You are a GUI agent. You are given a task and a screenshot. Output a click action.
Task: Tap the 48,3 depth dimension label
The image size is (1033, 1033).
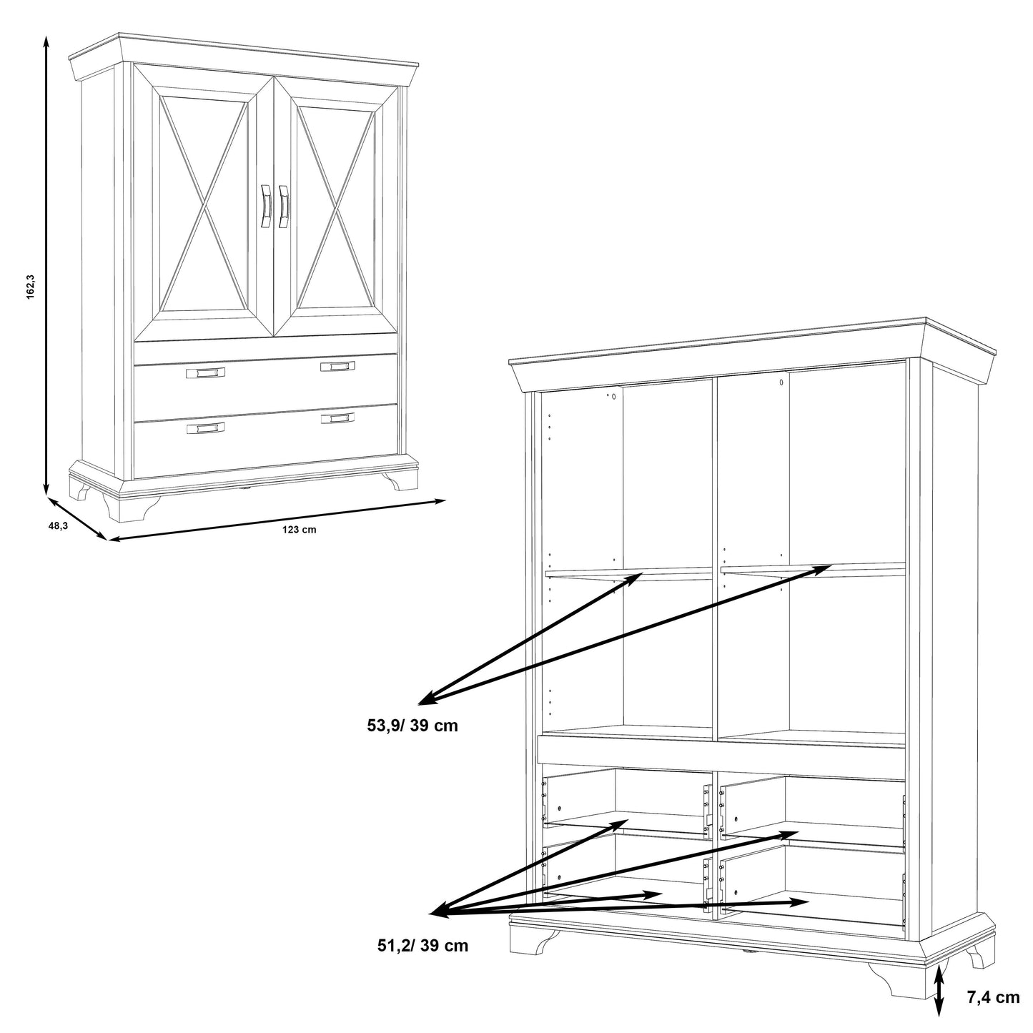pyautogui.click(x=59, y=525)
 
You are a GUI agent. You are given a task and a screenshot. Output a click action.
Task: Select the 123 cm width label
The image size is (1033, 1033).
pyautogui.click(x=300, y=530)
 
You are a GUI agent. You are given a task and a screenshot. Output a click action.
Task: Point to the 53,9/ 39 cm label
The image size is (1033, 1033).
pyautogui.click(x=412, y=726)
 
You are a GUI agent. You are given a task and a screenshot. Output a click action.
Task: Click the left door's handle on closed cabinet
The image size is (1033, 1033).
pyautogui.click(x=266, y=206)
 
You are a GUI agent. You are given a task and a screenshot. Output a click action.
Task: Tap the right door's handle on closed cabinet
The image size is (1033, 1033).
pyautogui.click(x=283, y=206)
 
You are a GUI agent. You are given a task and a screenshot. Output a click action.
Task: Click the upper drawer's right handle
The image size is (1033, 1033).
pyautogui.click(x=337, y=366)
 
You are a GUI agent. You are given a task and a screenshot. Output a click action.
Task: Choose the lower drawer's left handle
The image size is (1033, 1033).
pyautogui.click(x=205, y=427)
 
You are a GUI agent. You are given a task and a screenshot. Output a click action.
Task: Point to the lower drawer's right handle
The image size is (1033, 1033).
pyautogui.click(x=337, y=417)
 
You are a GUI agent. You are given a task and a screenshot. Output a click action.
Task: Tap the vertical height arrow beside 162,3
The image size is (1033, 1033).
pyautogui.click(x=46, y=265)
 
